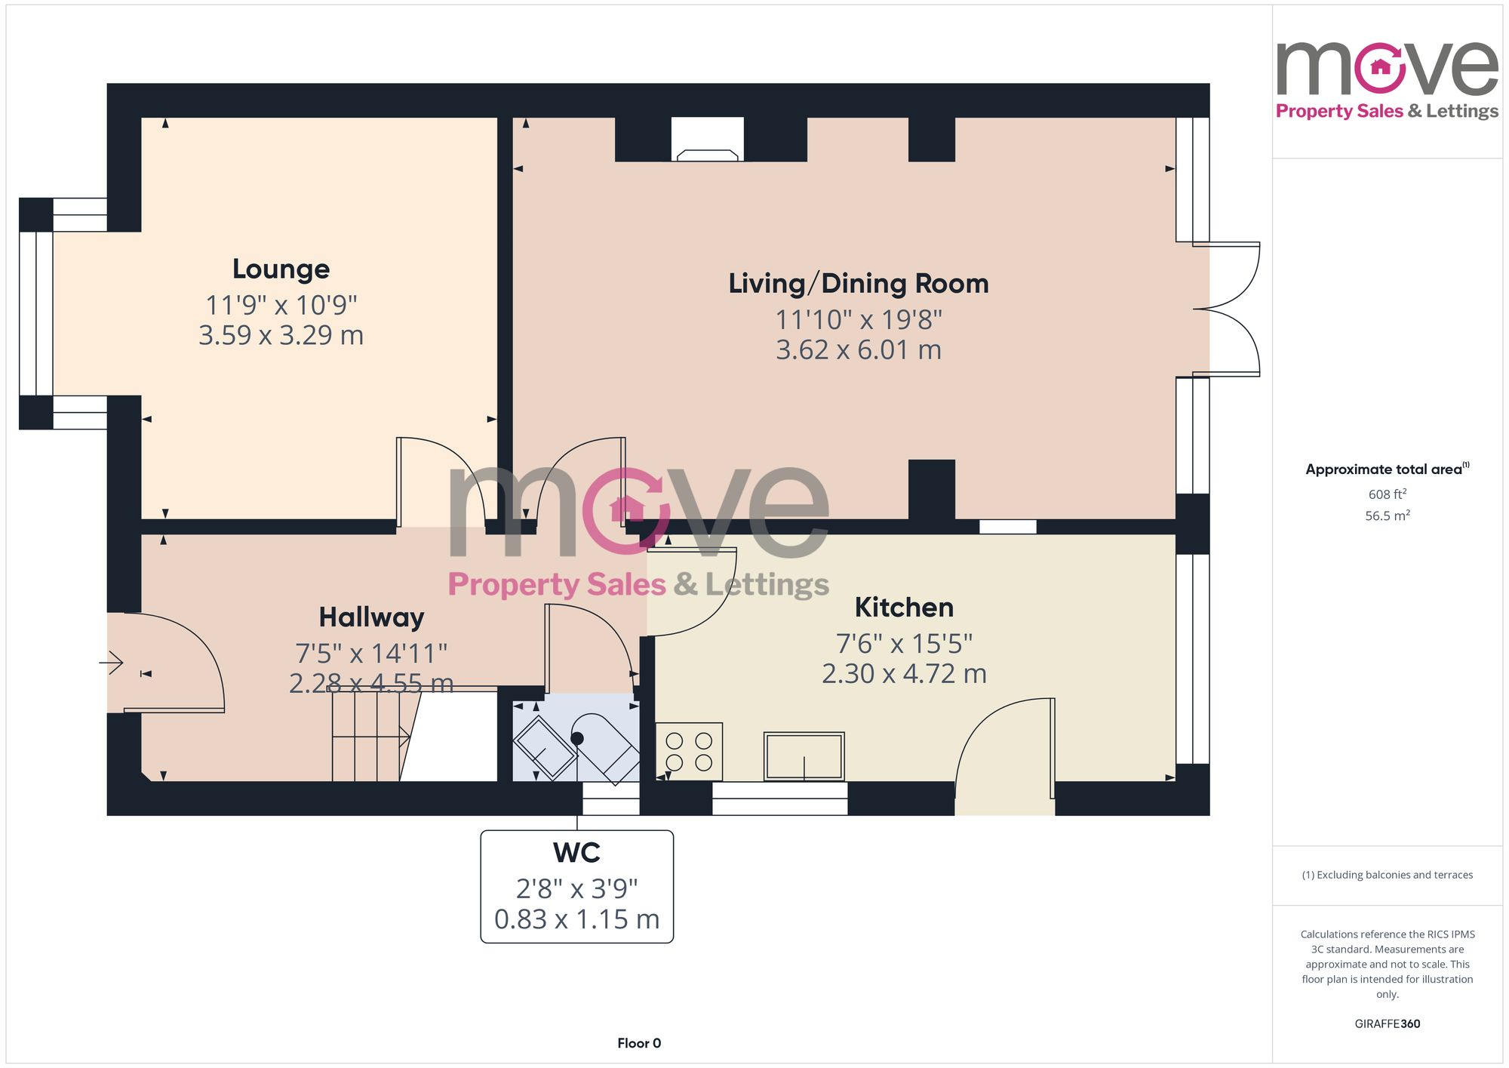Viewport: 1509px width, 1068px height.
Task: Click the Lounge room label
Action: (281, 269)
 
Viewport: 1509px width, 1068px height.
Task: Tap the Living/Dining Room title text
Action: (858, 283)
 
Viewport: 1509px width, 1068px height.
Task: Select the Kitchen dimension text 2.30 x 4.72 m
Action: (904, 673)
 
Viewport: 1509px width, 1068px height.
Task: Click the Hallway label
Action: (371, 617)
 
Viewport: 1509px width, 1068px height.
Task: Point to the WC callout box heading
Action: (576, 852)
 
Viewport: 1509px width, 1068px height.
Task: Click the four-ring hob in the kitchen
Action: (689, 751)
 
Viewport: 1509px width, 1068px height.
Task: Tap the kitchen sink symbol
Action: (804, 756)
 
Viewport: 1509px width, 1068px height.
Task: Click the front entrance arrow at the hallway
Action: (112, 663)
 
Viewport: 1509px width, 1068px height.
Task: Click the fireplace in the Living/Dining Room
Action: (707, 143)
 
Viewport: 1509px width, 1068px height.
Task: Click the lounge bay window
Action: (35, 313)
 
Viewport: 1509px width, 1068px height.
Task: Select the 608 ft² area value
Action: (1387, 494)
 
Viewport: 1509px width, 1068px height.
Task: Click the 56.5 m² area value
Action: (1387, 516)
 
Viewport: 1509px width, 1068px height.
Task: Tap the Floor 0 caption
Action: (639, 1043)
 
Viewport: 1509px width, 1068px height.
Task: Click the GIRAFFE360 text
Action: (1387, 1023)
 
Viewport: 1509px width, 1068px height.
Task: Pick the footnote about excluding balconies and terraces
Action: (1387, 875)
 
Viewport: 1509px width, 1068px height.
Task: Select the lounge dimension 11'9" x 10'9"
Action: (281, 305)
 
